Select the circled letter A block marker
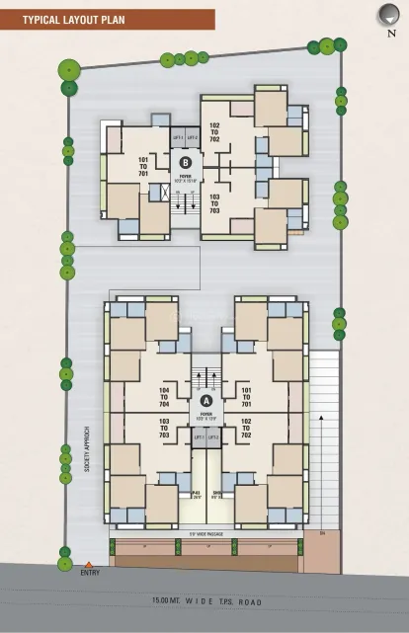tap(205, 401)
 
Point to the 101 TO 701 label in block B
tap(143, 166)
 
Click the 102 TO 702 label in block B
tap(214, 132)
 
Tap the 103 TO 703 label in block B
tap(214, 203)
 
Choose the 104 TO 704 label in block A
tap(164, 398)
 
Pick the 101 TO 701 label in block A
tap(246, 398)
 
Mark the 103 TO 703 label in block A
tap(164, 428)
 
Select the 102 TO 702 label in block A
tap(246, 428)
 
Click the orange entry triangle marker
tap(88, 564)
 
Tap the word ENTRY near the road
tap(90, 573)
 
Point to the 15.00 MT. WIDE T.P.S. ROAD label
tap(210, 600)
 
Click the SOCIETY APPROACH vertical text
tap(86, 448)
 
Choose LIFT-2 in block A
tap(213, 436)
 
